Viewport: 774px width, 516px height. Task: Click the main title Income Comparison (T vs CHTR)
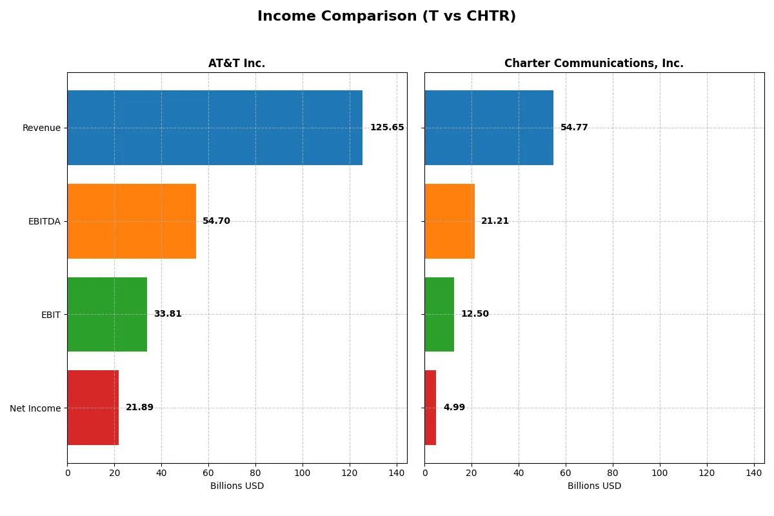point(386,17)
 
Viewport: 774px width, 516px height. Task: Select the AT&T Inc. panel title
point(237,63)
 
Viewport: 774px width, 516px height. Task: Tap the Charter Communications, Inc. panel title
point(593,63)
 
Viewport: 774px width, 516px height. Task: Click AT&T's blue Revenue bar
point(215,128)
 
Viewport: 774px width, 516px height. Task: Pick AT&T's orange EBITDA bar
point(132,221)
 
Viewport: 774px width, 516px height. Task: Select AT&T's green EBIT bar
point(107,314)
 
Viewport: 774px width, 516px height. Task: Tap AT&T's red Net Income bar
point(93,408)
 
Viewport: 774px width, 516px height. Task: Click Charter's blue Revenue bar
point(489,128)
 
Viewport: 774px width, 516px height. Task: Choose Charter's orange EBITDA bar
point(450,221)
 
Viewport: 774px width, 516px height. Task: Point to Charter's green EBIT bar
point(439,314)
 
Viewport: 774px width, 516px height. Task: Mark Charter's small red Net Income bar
point(430,408)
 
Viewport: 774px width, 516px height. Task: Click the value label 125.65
point(387,128)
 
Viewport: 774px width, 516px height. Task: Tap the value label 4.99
point(454,408)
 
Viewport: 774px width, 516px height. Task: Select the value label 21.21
point(495,221)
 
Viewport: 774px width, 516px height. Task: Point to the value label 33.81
point(168,314)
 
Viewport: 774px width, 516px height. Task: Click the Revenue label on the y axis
point(41,128)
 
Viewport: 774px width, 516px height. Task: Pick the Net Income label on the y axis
point(35,408)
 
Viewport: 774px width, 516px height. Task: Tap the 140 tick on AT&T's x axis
point(397,473)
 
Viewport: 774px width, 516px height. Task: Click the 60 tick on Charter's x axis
point(566,473)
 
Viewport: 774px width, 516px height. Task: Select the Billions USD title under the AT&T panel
point(237,486)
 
